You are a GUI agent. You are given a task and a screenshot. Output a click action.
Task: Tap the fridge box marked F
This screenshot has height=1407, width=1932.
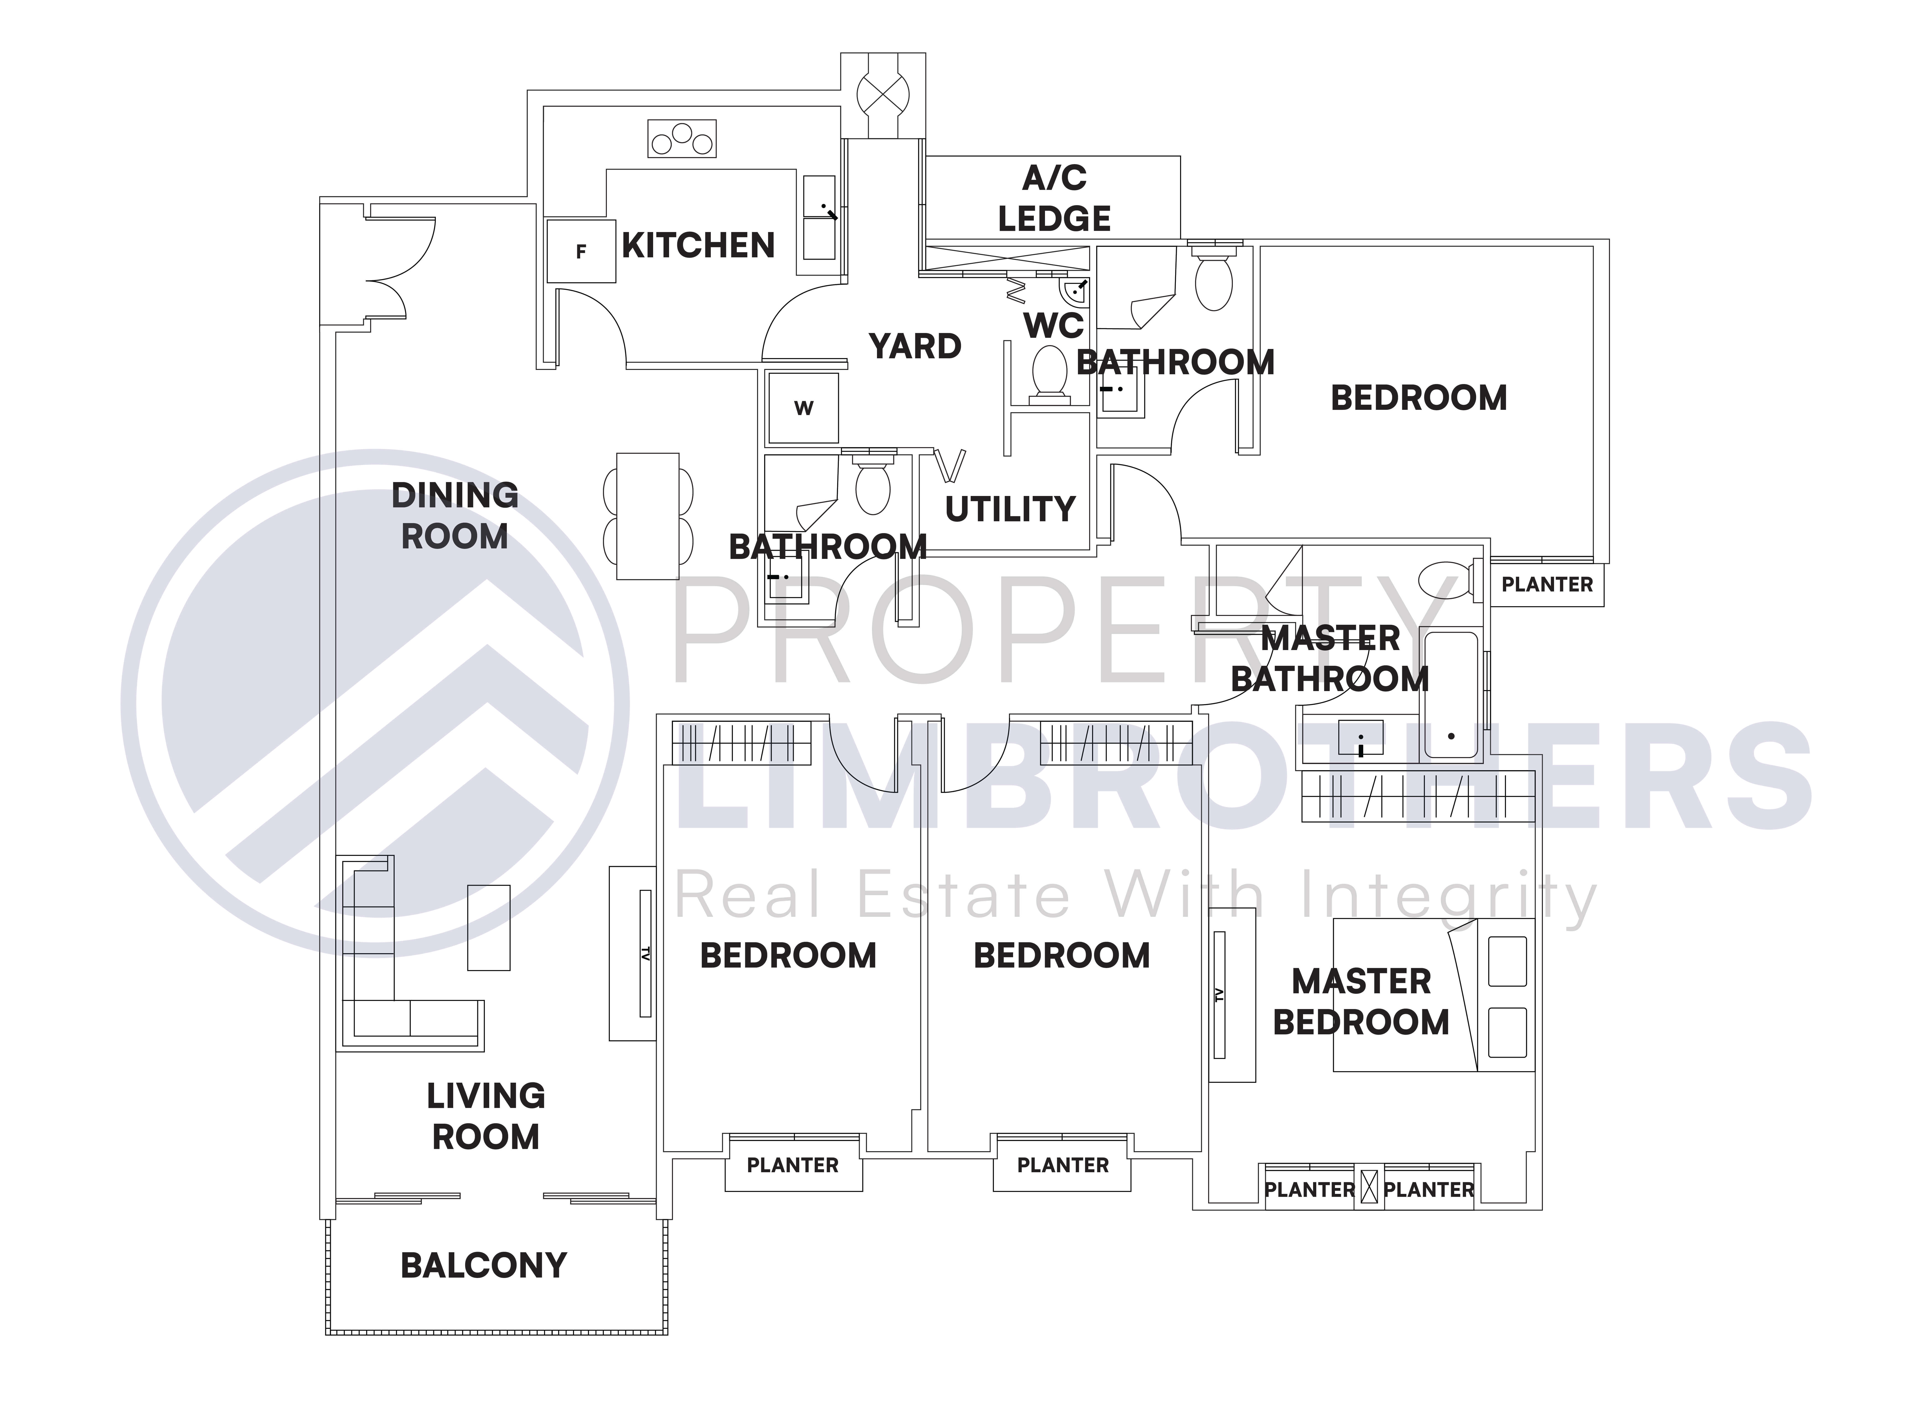pyautogui.click(x=581, y=251)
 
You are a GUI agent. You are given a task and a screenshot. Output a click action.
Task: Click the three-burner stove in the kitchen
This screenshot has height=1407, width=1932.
pyautogui.click(x=681, y=139)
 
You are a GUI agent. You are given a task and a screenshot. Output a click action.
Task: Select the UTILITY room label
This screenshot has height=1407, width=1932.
pyautogui.click(x=1010, y=509)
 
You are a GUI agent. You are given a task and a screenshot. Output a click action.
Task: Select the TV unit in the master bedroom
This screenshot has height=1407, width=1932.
pyautogui.click(x=1231, y=995)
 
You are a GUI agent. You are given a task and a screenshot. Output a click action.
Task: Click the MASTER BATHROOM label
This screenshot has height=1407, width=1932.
pyautogui.click(x=1330, y=658)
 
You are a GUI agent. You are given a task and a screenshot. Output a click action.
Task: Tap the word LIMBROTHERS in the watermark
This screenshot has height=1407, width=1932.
pyautogui.click(x=1244, y=779)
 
